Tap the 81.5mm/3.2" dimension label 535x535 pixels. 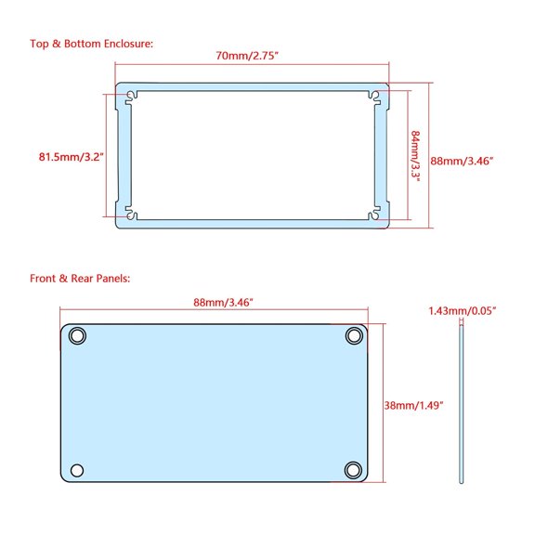point(71,157)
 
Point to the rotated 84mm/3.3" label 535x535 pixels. point(416,156)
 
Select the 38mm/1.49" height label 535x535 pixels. point(413,406)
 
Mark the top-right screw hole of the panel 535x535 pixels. point(354,335)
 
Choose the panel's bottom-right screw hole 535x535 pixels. point(354,469)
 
